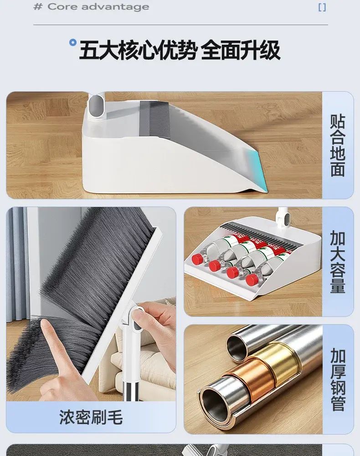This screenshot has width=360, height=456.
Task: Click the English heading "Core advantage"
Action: [98, 6]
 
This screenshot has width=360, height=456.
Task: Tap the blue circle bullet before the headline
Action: [72, 43]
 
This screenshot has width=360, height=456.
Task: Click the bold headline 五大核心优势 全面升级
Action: [180, 50]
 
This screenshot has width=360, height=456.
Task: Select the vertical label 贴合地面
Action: [338, 145]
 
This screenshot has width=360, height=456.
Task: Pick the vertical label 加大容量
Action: [338, 262]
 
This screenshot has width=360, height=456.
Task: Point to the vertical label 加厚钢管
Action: [338, 379]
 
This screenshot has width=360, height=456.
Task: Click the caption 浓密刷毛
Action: [91, 417]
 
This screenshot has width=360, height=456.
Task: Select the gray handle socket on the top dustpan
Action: [94, 106]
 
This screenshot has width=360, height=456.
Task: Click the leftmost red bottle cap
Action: [197, 258]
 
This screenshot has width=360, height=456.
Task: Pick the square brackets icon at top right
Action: [322, 7]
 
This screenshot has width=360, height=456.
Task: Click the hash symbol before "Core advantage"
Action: [38, 6]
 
